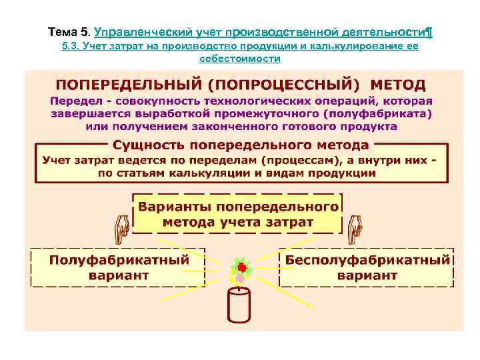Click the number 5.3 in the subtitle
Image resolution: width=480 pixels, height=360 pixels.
click(x=69, y=47)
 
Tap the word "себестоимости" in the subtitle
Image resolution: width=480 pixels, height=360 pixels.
click(x=240, y=59)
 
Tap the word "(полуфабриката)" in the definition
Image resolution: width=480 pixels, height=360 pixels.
click(x=383, y=114)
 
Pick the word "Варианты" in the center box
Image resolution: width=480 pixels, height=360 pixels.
click(x=177, y=206)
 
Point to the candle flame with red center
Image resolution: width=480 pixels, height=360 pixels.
click(x=241, y=269)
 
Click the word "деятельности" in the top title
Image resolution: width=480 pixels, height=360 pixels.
click(x=377, y=32)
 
